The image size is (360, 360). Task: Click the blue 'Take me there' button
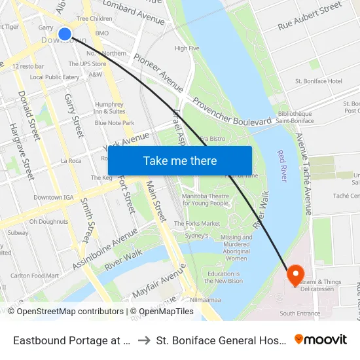click(x=180, y=160)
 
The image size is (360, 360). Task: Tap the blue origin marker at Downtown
click(x=65, y=33)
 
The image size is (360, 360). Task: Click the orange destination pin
click(x=294, y=274)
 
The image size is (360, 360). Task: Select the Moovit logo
click(x=320, y=339)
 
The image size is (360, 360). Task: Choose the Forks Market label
click(x=198, y=223)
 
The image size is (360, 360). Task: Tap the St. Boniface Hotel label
click(x=318, y=81)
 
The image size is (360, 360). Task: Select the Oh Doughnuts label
click(x=48, y=221)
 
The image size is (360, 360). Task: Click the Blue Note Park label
click(x=115, y=122)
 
